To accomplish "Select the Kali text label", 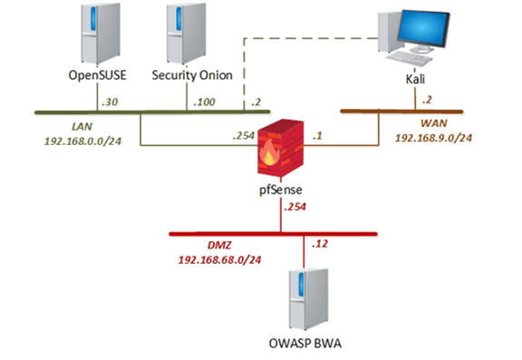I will (417, 80).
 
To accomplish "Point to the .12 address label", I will (319, 244).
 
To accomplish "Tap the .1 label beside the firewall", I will (317, 136).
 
